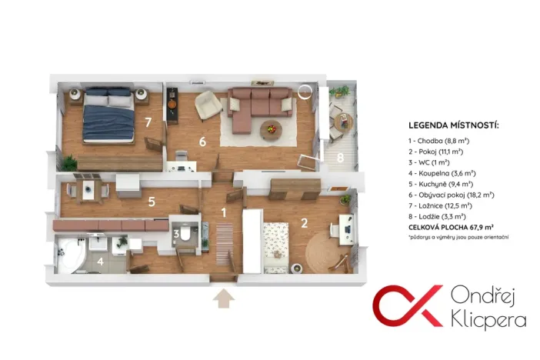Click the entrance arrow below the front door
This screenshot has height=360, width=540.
click(x=224, y=298)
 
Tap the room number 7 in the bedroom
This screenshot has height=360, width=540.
click(x=148, y=122)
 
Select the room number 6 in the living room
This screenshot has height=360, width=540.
click(x=202, y=142)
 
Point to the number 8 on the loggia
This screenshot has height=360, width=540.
click(x=340, y=158)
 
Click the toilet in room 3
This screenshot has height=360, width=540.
click(x=185, y=234)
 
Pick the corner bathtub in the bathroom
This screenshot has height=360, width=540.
click(x=71, y=255)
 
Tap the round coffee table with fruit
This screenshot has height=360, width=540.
click(x=271, y=131)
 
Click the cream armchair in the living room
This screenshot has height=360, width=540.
click(x=208, y=105)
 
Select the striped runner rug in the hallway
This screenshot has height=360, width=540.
click(x=225, y=245)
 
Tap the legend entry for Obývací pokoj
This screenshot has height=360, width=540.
click(x=451, y=195)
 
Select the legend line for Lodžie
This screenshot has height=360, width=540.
click(x=437, y=217)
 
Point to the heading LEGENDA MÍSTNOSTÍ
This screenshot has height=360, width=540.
click(x=454, y=125)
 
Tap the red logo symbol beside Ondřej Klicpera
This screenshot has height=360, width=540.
click(x=408, y=306)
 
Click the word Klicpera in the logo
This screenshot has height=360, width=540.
click(x=488, y=320)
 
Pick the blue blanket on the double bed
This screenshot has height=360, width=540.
click(x=108, y=122)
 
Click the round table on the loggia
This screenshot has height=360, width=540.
click(x=343, y=122)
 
